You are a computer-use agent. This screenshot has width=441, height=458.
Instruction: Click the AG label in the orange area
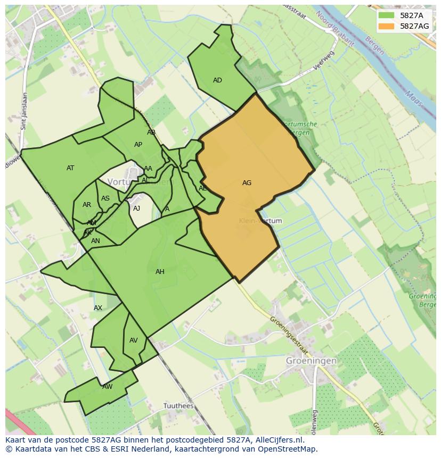click(247, 183)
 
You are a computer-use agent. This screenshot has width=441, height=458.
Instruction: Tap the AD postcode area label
click(217, 80)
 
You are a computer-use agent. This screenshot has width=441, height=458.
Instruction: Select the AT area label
click(70, 168)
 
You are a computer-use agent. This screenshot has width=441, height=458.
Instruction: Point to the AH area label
click(160, 272)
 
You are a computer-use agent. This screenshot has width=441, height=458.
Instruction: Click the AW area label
click(108, 387)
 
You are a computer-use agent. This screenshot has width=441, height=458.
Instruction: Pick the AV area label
click(134, 340)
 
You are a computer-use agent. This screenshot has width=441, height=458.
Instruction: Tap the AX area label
click(98, 308)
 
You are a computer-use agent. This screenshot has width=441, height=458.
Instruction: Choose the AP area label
click(138, 145)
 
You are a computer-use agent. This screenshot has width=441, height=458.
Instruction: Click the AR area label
click(87, 205)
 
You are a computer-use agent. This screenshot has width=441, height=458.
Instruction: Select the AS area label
click(105, 198)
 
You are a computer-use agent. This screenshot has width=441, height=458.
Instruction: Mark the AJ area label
click(136, 209)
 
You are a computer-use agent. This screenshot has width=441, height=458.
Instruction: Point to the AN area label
click(95, 241)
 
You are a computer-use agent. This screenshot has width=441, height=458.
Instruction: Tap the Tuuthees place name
click(178, 406)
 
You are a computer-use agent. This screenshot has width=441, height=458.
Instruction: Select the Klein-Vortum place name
click(260, 221)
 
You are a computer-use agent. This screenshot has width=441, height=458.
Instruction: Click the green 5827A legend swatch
click(387, 15)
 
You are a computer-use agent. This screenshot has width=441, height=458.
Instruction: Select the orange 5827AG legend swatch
click(387, 26)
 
